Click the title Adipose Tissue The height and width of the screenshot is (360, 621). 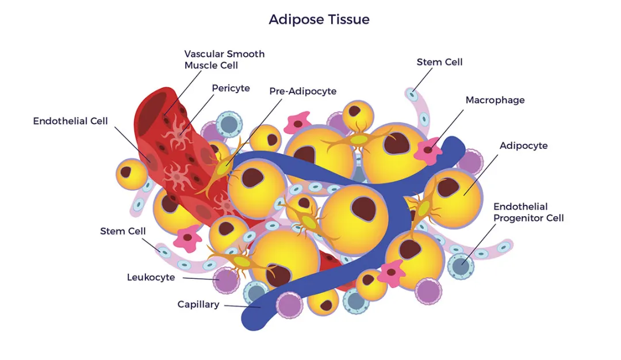(319, 20)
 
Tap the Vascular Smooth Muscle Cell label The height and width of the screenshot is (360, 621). (224, 59)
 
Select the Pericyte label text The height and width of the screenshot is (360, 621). (231, 88)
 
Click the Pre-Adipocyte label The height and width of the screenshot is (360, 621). (302, 91)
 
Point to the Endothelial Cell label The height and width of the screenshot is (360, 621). (70, 121)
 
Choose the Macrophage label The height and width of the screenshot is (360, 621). (494, 100)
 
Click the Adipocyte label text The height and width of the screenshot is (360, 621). (523, 145)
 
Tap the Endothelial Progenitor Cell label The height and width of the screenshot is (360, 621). (528, 212)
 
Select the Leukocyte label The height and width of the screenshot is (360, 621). (151, 277)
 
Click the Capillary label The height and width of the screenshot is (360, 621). (198, 304)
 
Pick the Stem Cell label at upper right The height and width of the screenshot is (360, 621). (439, 62)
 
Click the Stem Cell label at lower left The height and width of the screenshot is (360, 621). (123, 231)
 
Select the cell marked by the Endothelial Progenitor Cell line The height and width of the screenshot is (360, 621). (460, 265)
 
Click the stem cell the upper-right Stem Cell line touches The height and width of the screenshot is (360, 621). (411, 93)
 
